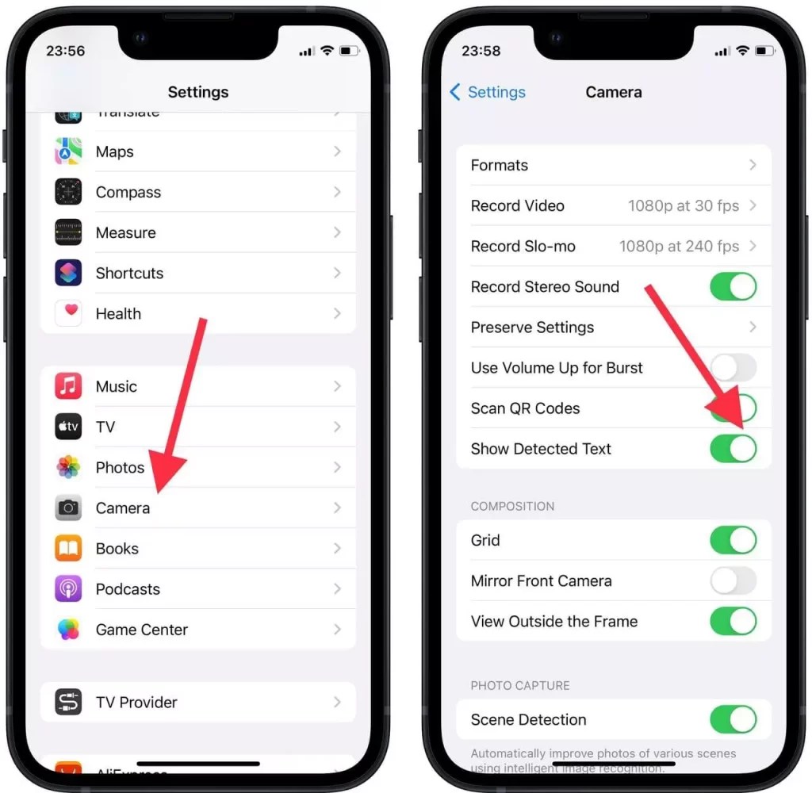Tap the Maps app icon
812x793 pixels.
[68, 151]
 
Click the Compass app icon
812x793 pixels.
[68, 192]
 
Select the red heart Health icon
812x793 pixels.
[68, 313]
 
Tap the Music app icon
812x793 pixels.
[68, 386]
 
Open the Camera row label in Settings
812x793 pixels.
[123, 508]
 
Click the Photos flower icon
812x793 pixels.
[68, 467]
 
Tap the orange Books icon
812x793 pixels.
[68, 549]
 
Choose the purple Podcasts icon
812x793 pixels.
[68, 589]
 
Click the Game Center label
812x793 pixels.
[142, 630]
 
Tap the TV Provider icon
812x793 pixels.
[68, 702]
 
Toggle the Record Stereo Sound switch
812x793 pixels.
[733, 287]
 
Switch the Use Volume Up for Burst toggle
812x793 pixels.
[733, 368]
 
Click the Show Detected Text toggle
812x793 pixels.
[733, 449]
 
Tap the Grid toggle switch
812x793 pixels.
[733, 541]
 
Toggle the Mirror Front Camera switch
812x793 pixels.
[733, 581]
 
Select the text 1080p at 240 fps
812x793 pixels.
[679, 247]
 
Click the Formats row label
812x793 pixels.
[500, 166]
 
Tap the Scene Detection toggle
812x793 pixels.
[733, 720]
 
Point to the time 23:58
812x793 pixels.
[481, 51]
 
